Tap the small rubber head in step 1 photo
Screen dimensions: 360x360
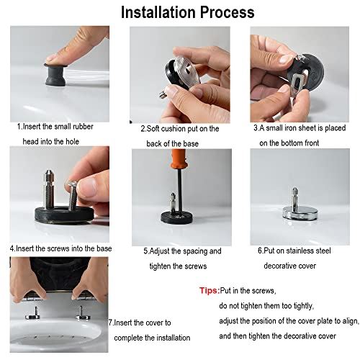point(54,73)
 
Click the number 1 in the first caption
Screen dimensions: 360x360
point(20,126)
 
